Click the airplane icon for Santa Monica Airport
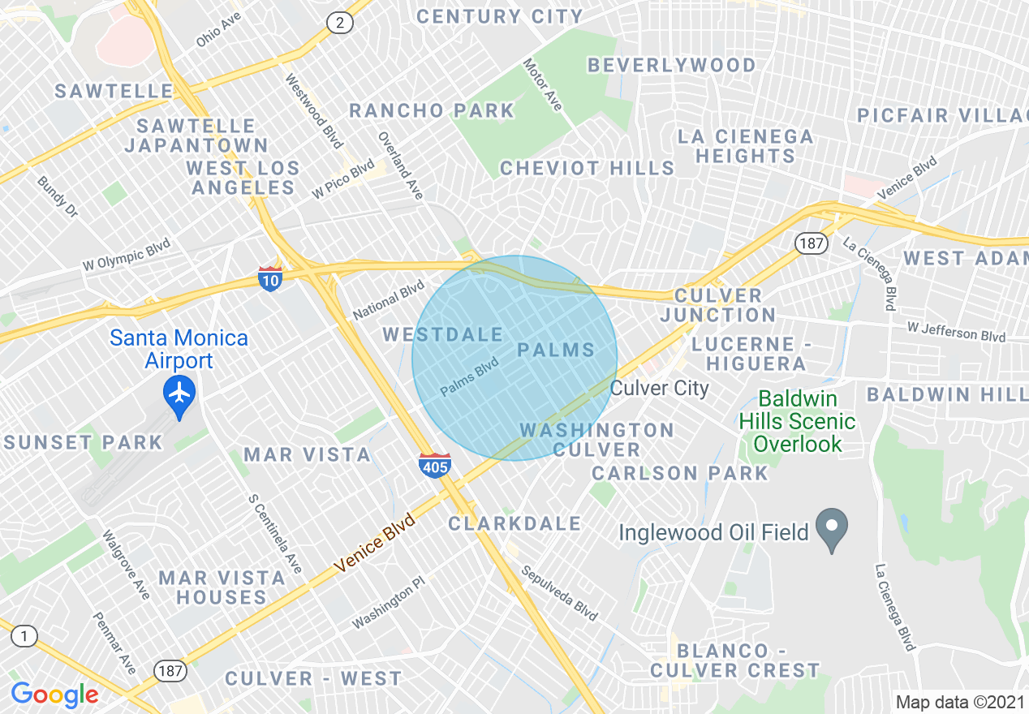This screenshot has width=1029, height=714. point(179,394)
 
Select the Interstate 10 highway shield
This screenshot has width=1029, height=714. point(270,279)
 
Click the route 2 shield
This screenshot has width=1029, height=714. point(340,23)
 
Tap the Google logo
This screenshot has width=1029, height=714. point(54,695)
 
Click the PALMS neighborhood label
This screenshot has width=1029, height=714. point(557,351)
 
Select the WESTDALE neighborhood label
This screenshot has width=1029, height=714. point(443,334)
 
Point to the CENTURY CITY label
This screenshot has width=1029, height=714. point(500,16)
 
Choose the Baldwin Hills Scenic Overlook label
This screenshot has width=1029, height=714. point(797,421)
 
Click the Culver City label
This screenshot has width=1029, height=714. point(659,388)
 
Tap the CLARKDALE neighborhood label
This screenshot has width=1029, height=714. point(514,524)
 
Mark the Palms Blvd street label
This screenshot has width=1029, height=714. point(469,379)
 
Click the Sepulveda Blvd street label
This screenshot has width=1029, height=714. point(558,593)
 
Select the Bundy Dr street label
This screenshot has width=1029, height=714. point(57,196)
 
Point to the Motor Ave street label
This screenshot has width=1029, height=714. point(542,84)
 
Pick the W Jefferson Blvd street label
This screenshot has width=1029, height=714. point(957,332)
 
